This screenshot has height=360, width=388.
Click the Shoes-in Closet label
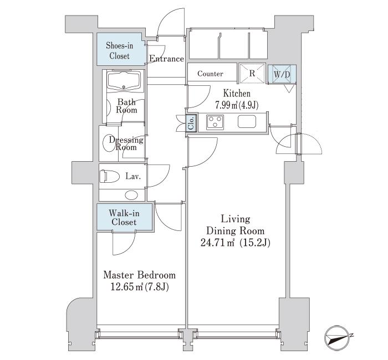(120, 50)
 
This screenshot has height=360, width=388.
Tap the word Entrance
(166, 59)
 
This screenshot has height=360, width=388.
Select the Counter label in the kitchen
(210, 74)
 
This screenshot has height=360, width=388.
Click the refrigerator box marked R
(252, 73)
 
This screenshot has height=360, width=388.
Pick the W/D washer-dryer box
(282, 74)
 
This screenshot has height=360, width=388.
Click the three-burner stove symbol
(215, 122)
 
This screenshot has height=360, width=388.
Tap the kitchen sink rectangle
(247, 122)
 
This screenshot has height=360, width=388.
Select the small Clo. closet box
(192, 122)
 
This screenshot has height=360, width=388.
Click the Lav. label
(133, 177)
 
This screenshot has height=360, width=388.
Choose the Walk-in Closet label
(124, 217)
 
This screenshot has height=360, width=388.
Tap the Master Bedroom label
(139, 275)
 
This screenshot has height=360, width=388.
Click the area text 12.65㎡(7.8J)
(140, 287)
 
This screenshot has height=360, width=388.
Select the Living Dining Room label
(236, 225)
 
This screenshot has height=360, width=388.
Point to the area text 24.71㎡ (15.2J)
(236, 243)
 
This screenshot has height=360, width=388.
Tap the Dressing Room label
(126, 143)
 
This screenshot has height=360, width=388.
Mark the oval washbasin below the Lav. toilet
(131, 195)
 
